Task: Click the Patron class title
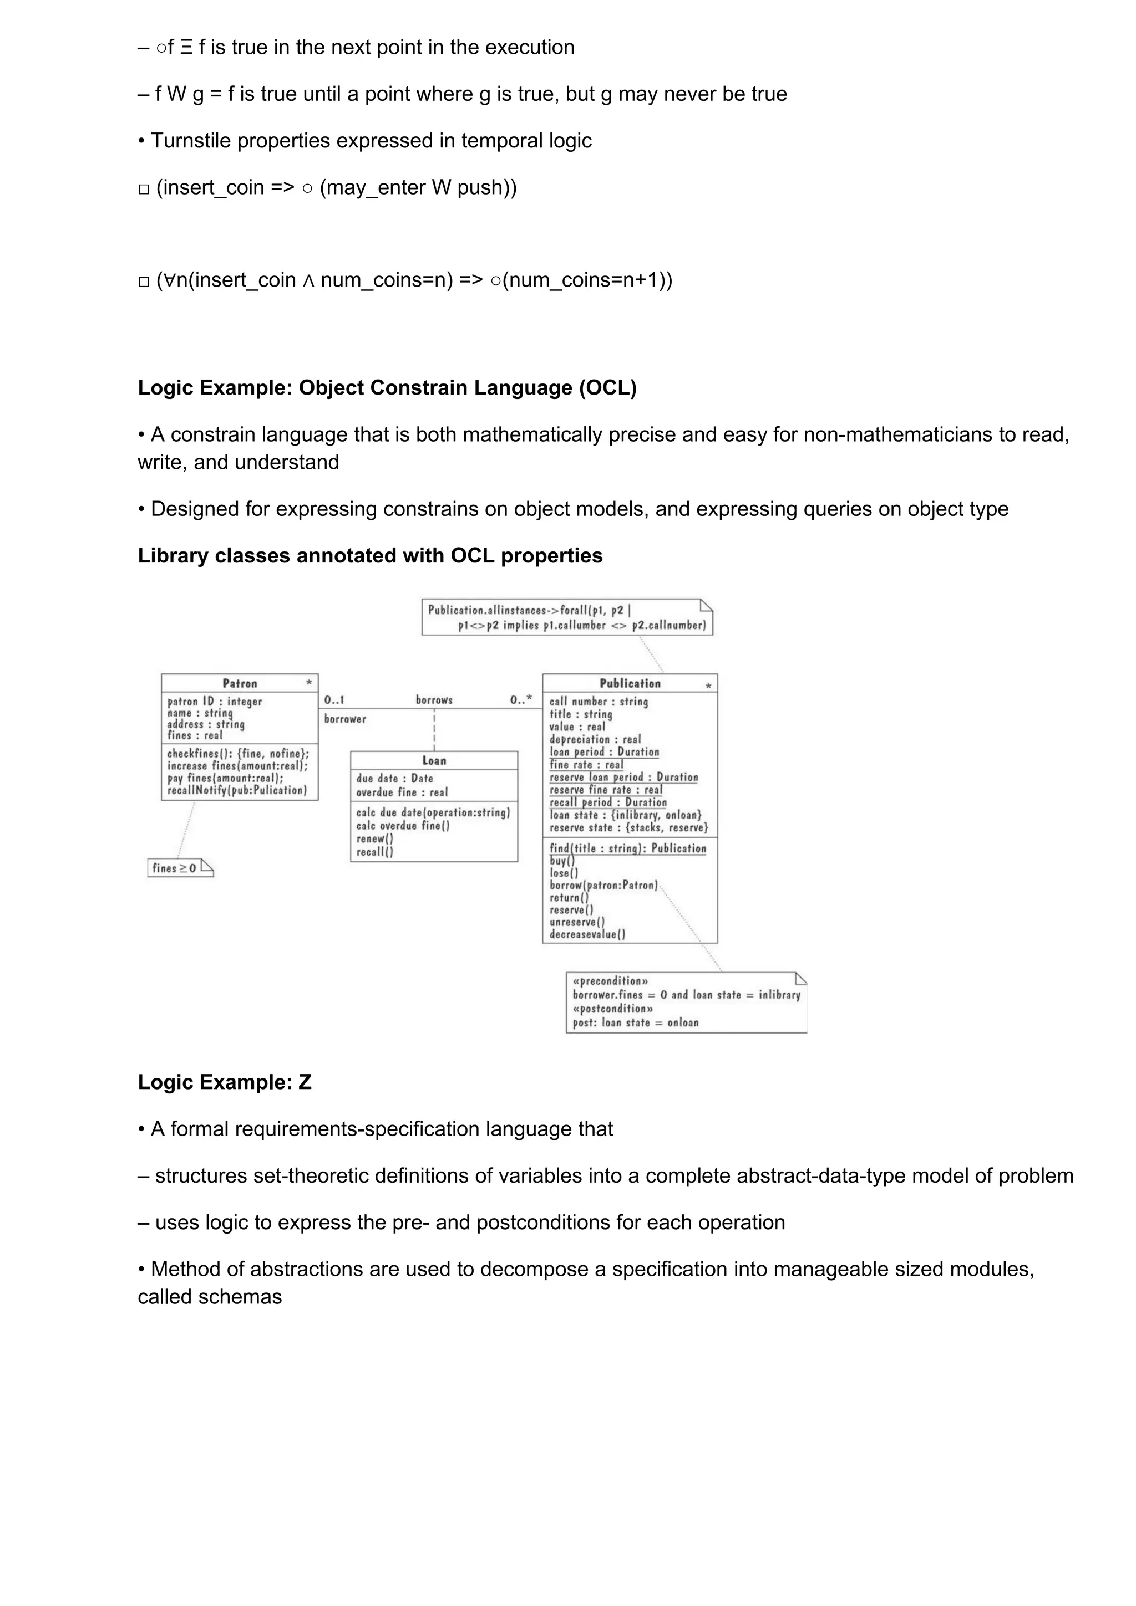pyautogui.click(x=240, y=683)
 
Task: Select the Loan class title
pyautogui.click(x=434, y=760)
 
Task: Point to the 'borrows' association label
pyautogui.click(x=434, y=699)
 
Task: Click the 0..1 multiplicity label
pyautogui.click(x=334, y=699)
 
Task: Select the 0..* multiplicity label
pyautogui.click(x=521, y=699)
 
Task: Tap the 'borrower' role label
pyautogui.click(x=344, y=719)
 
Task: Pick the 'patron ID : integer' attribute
pyautogui.click(x=214, y=702)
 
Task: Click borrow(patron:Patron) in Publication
pyautogui.click(x=603, y=886)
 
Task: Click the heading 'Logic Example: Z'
pyautogui.click(x=224, y=1082)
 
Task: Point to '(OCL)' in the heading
pyautogui.click(x=607, y=387)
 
